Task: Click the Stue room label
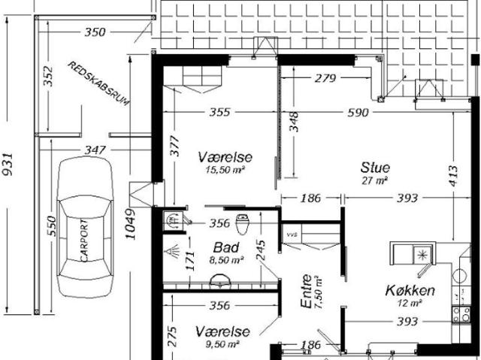[375, 168]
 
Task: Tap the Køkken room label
[410, 290]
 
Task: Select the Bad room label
[226, 247]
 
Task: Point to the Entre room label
[306, 291]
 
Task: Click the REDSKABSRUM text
[98, 83]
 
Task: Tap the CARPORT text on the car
[84, 240]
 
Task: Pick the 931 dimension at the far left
[8, 165]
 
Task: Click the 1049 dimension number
[130, 224]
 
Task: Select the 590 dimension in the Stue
[358, 113]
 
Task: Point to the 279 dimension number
[325, 78]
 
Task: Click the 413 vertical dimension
[453, 176]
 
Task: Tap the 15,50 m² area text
[225, 170]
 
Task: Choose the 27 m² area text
[374, 180]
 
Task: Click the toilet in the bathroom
[242, 224]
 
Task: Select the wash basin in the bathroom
[220, 280]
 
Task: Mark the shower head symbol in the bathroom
[171, 252]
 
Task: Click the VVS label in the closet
[290, 235]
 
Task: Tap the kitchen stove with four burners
[461, 314]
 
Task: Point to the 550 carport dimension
[52, 226]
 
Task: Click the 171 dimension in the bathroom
[190, 260]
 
